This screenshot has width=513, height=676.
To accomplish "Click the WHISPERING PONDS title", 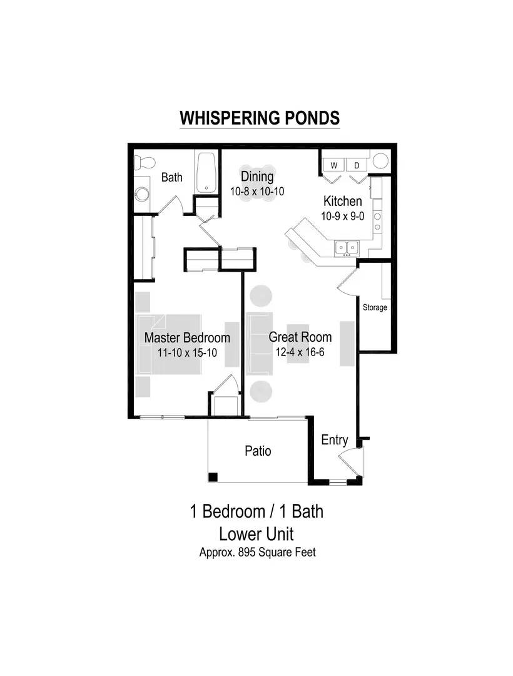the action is tap(260, 118).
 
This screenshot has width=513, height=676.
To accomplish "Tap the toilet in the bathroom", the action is tap(145, 163).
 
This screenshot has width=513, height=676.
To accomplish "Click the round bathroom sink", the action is tap(142, 193).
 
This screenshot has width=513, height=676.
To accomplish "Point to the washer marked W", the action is tap(334, 165).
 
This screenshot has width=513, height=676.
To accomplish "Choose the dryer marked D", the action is tap(357, 165).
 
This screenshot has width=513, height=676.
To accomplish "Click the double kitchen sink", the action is tap(347, 247).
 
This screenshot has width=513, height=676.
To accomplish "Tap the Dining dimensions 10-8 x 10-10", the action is tap(257, 192).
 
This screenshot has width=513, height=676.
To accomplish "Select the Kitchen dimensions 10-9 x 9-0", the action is tap(343, 216).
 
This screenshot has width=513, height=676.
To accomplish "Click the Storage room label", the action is tap(375, 307).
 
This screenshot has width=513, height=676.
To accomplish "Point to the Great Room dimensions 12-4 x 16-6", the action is tap(300, 352).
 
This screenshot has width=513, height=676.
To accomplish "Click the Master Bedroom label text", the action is tap(187, 337).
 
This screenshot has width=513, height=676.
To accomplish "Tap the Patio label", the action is tap(258, 451).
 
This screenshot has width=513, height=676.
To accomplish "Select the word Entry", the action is tap(335, 441).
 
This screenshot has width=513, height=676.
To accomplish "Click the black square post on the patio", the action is tap(213, 477).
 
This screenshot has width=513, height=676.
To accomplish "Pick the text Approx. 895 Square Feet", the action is tap(258, 552).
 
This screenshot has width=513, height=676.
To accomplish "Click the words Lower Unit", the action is tap(256, 534).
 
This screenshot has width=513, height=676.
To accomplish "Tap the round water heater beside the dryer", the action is tap(381, 161).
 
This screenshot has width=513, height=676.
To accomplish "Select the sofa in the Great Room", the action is tap(259, 343).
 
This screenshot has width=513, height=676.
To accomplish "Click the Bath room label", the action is tap(172, 177).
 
